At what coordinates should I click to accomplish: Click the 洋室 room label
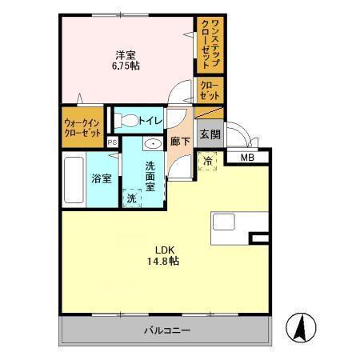click(x=125, y=55)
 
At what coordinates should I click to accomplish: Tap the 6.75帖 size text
click(x=125, y=67)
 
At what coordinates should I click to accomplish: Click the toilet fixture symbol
click(x=126, y=121)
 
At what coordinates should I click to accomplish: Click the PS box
click(x=112, y=142)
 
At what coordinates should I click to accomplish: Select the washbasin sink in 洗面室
click(x=152, y=145)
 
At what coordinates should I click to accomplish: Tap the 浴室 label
click(x=101, y=178)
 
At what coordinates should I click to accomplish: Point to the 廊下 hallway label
click(x=179, y=141)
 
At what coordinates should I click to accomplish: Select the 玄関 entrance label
click(x=210, y=134)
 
